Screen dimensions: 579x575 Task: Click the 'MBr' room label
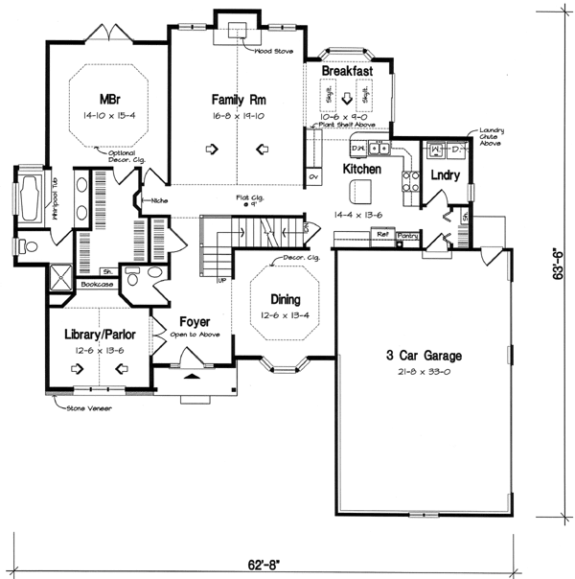(106, 99)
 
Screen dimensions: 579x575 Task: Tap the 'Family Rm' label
(237, 99)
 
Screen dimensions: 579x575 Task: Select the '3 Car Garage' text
(420, 355)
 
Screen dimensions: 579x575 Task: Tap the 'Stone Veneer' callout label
(85, 407)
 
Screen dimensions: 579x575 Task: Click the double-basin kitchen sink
(381, 149)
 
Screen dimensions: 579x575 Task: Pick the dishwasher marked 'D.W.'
(356, 149)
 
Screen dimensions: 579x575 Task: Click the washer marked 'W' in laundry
(435, 150)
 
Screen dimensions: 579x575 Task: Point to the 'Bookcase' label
(97, 284)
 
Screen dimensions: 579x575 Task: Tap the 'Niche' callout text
(152, 201)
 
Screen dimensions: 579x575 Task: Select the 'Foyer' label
(195, 323)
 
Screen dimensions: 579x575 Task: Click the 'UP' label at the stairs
(222, 281)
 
